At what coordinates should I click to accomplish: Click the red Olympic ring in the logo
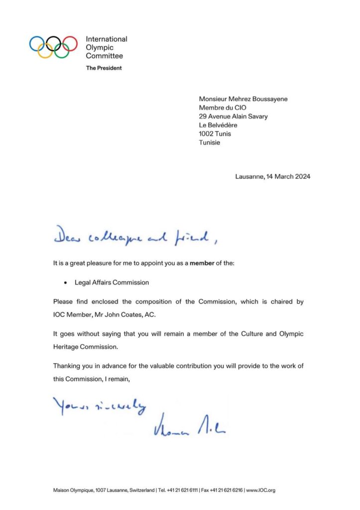(x=70, y=43)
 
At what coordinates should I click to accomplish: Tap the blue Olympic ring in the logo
(x=37, y=43)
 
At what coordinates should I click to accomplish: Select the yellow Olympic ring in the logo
(x=45, y=51)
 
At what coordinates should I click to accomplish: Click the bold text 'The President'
(x=104, y=68)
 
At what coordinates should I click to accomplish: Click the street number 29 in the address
(x=203, y=116)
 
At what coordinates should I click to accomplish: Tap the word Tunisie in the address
(x=210, y=142)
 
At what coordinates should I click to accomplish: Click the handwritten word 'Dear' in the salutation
(x=69, y=238)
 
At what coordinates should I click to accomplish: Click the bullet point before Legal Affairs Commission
(x=66, y=282)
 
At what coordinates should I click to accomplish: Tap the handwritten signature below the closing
(x=189, y=426)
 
